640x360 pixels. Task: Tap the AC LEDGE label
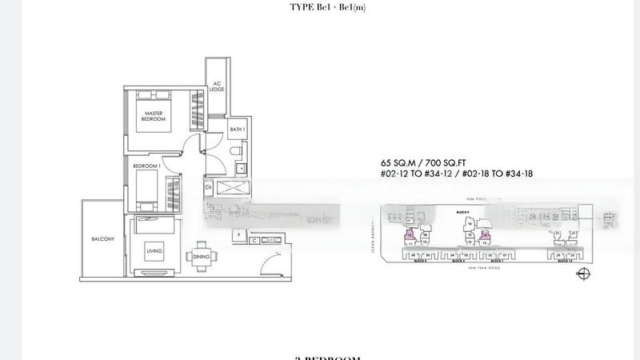(x=216, y=87)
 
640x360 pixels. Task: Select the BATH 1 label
(x=237, y=129)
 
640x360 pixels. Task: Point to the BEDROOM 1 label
(x=148, y=166)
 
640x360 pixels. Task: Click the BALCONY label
(x=102, y=239)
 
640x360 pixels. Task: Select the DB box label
(x=209, y=188)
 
